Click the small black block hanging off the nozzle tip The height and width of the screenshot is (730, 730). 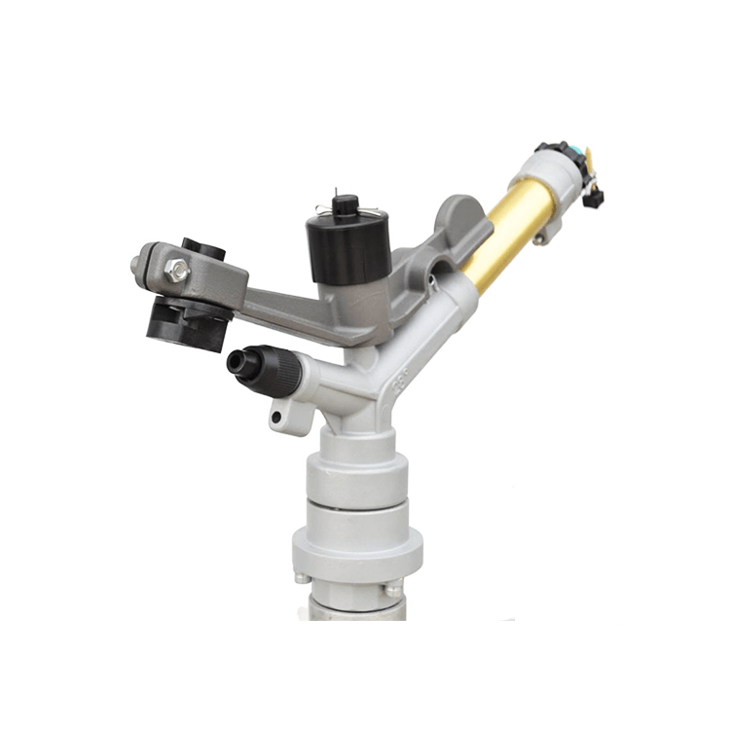tap(593, 197)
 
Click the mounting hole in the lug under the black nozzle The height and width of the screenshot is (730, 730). tap(277, 418)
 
